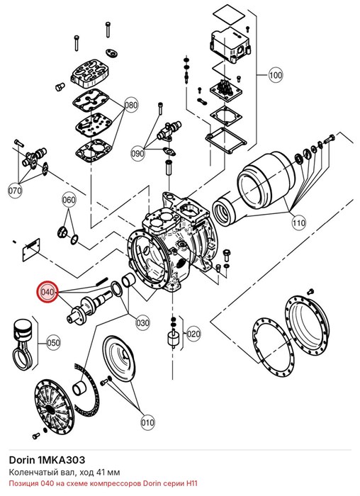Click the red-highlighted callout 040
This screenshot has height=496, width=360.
pos(47,292)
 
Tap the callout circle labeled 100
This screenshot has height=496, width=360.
pos(276,75)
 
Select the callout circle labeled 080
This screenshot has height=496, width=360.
pos(130,105)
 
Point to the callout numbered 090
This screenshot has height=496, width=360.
pos(137,154)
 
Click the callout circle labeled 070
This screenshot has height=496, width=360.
pos(15,191)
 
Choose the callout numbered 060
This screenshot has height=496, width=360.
pos(69,200)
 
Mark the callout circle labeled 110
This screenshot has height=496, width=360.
pos(298,223)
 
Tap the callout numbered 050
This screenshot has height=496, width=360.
pos(53,343)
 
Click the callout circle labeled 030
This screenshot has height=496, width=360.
pos(142,323)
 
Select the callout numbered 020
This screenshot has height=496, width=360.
pos(193,334)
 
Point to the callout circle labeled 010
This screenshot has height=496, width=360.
pos(147,423)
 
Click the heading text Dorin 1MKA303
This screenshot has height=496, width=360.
pos(47,460)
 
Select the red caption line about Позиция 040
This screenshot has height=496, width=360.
pos(103,484)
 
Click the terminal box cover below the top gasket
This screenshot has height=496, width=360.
pos(230,44)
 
